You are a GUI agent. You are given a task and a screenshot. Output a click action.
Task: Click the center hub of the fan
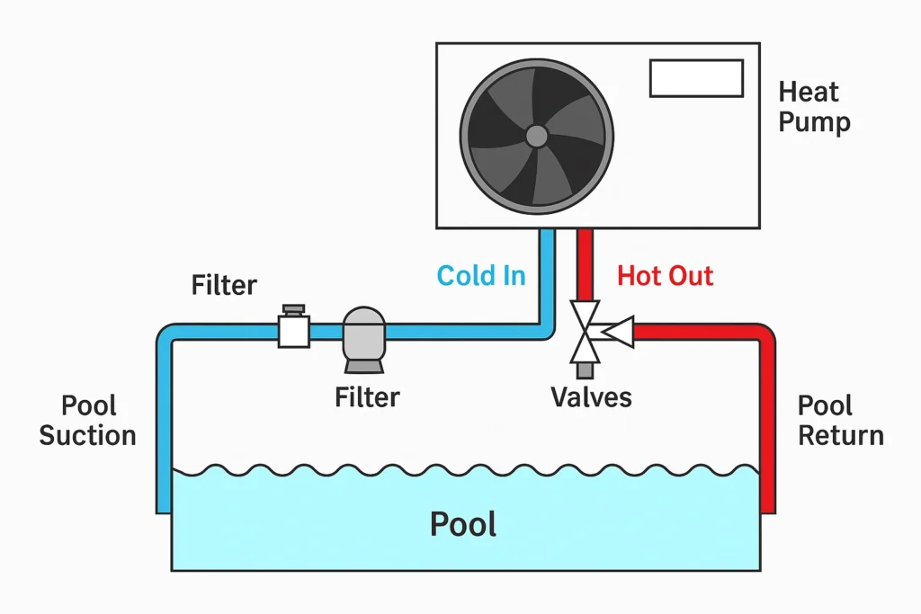click(x=536, y=136)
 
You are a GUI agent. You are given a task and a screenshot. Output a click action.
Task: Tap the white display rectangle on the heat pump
click(x=696, y=78)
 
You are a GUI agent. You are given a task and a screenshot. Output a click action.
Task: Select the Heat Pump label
click(x=814, y=106)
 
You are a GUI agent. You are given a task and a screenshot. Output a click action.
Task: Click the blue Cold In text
click(x=481, y=275)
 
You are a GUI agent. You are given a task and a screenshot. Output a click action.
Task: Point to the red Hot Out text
click(x=666, y=275)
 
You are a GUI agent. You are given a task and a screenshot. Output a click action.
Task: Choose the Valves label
click(x=591, y=396)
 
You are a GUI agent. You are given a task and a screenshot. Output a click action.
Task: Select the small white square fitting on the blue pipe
click(x=294, y=331)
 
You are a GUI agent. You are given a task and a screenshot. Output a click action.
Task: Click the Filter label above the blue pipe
click(x=224, y=286)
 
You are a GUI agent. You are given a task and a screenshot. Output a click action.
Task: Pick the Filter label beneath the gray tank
click(x=367, y=396)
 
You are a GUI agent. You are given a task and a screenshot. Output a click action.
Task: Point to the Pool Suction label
click(x=87, y=421)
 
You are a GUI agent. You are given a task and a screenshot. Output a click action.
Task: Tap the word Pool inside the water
click(x=463, y=524)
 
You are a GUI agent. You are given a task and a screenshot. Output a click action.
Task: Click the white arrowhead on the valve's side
click(x=617, y=333)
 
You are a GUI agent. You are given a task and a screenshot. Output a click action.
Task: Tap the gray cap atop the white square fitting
click(x=293, y=310)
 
